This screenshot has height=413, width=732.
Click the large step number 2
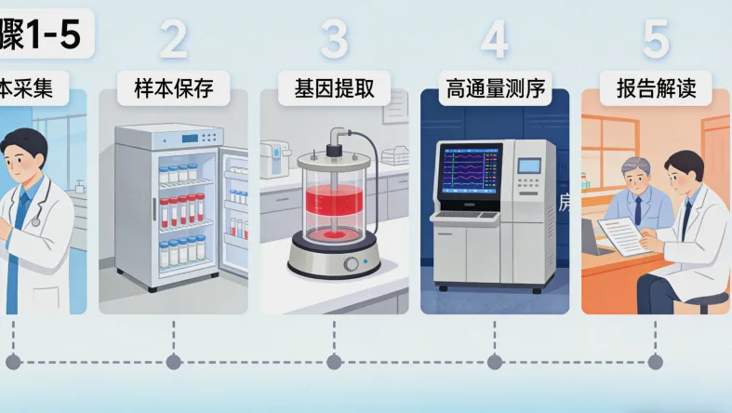(173, 39)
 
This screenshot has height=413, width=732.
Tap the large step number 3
(334, 39)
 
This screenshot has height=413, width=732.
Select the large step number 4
(494, 39)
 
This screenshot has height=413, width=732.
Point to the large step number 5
(656, 39)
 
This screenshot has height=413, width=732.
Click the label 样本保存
(173, 89)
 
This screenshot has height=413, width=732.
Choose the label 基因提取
(334, 89)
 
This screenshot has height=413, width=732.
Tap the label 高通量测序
(494, 89)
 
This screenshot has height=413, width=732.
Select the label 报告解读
(656, 89)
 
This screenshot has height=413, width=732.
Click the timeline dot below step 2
(173, 361)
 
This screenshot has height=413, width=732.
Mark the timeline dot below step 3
(334, 361)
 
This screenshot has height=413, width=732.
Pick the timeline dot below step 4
(494, 361)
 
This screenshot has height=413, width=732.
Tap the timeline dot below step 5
(655, 361)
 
